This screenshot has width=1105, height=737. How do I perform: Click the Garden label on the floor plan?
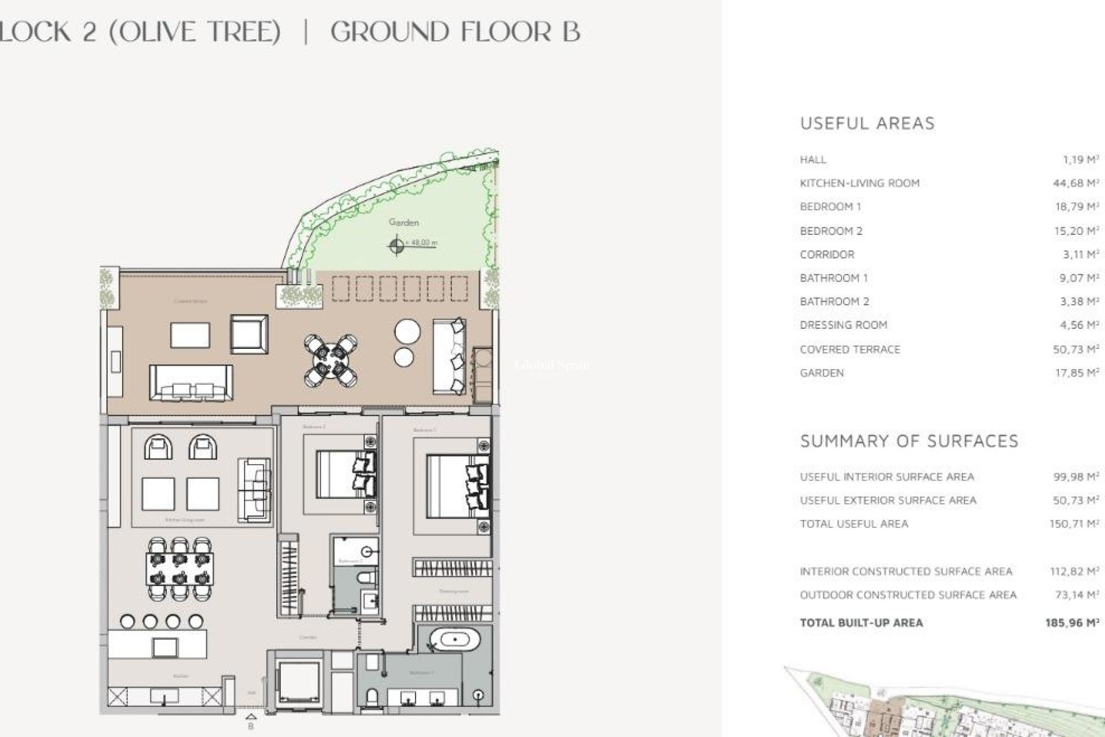point(403,222)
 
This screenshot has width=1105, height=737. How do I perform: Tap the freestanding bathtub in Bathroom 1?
point(455,640)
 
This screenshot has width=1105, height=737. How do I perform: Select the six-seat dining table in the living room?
point(180,569)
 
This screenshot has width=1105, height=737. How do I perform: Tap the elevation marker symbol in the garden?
point(396,246)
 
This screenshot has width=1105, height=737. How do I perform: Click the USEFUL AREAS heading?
point(867,123)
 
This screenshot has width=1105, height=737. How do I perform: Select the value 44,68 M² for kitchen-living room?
point(1075,183)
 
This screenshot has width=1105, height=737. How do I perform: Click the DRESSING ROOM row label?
point(843,325)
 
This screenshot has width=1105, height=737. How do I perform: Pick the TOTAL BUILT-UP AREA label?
point(861,622)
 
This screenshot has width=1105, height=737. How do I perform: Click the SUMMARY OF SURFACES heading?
point(909,441)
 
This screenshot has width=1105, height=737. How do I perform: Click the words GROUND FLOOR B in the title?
point(455,32)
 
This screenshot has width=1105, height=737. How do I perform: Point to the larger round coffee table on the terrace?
point(407,332)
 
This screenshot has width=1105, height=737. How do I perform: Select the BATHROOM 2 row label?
point(834,302)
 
